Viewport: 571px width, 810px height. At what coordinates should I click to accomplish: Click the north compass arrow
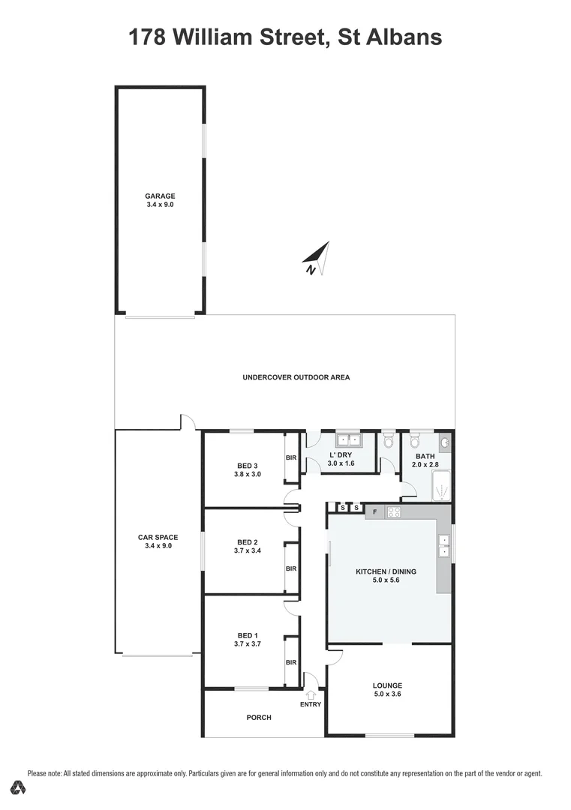(x=317, y=257)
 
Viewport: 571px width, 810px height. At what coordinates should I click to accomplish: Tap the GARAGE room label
(x=160, y=196)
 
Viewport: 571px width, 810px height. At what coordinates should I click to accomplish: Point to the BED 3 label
(x=248, y=465)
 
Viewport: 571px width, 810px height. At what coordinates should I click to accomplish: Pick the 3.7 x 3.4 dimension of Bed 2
(x=248, y=551)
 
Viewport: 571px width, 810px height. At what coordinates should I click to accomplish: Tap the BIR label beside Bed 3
(x=291, y=457)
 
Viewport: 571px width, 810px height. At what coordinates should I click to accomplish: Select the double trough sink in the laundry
(x=348, y=440)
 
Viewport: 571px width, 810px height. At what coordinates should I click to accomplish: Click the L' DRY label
(x=341, y=455)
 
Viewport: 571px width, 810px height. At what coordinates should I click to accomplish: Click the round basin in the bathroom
(x=445, y=442)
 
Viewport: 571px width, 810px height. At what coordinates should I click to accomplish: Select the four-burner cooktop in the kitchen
(x=394, y=512)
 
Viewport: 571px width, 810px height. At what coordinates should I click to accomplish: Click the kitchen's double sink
(x=443, y=546)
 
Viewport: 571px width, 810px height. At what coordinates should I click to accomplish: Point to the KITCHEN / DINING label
(x=386, y=571)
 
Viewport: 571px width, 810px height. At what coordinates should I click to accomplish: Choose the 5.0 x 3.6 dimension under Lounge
(x=387, y=694)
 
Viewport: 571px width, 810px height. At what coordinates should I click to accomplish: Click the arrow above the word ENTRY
(x=311, y=695)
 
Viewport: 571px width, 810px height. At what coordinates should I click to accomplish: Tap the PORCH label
(x=259, y=718)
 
